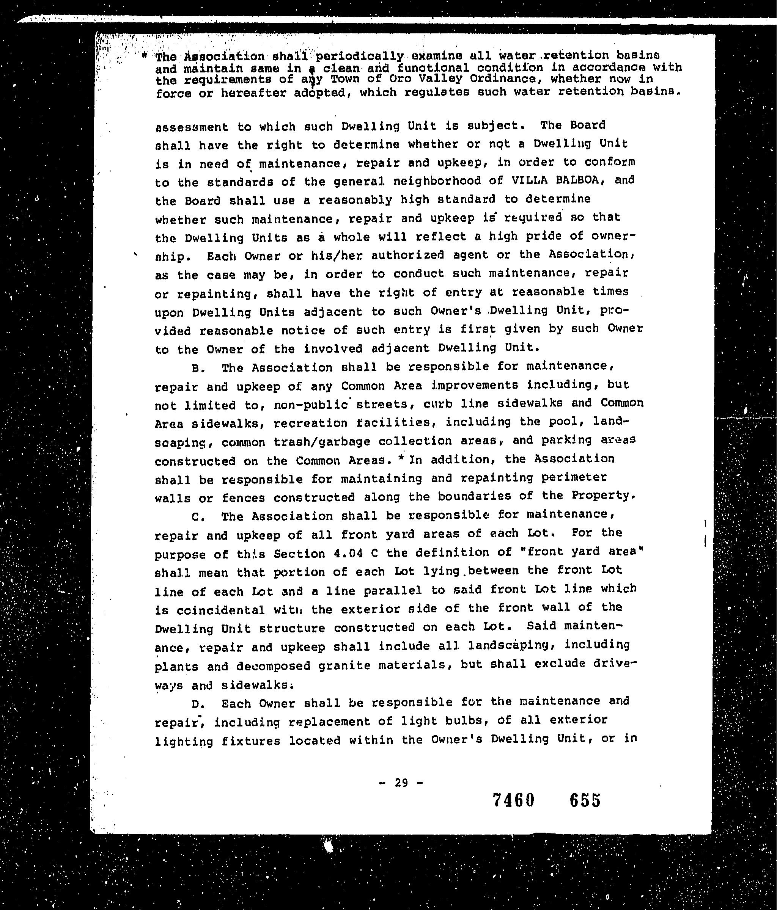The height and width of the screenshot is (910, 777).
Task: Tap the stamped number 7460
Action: [513, 800]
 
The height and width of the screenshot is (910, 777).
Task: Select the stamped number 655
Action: [585, 800]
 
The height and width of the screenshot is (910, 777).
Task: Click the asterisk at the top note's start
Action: [145, 56]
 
